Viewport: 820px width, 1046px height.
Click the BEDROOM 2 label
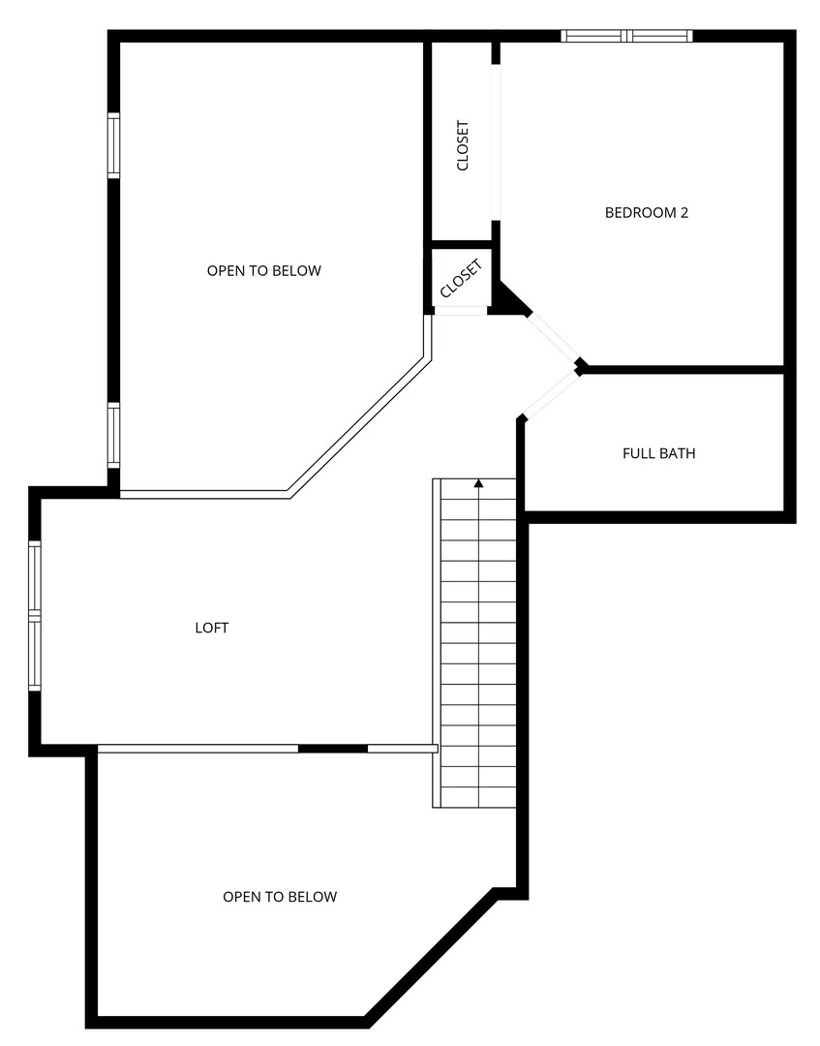click(x=646, y=213)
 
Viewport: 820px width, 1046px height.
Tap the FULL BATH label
click(x=658, y=453)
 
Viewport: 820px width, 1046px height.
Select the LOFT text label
click(x=212, y=628)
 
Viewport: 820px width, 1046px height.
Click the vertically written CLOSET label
click(x=463, y=145)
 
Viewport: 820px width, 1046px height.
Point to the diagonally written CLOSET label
click(x=462, y=279)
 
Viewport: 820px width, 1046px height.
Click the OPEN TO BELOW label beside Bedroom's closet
click(x=264, y=271)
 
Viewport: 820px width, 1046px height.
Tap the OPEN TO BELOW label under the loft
click(x=280, y=897)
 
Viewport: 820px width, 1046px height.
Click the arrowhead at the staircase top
click(x=478, y=483)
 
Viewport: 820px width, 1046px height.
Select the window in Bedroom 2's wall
click(x=626, y=36)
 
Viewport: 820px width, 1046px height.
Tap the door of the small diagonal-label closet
click(x=461, y=310)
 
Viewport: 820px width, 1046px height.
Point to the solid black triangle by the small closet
click(x=511, y=299)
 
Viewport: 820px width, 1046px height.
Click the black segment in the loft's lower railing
click(x=333, y=749)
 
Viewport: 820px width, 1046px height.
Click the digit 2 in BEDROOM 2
click(x=684, y=213)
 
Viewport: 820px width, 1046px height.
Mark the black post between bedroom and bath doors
click(x=581, y=365)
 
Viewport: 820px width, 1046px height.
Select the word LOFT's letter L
click(x=198, y=628)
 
